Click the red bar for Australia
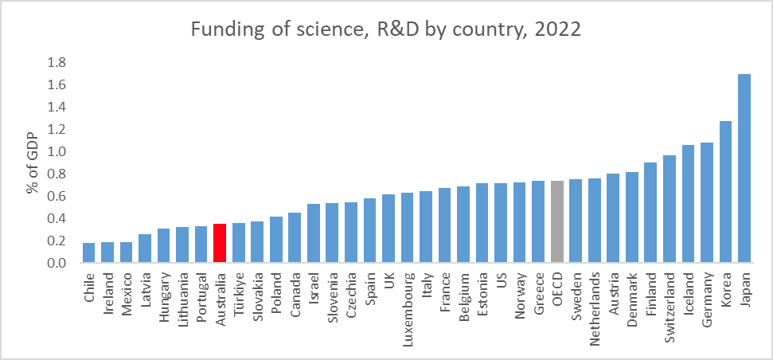point(220,243)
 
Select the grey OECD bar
point(557,222)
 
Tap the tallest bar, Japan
point(744,169)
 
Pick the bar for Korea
point(726,192)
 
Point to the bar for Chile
point(88,253)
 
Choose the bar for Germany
point(707,202)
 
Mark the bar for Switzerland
point(670,209)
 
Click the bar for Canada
point(295,237)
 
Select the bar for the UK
point(388,229)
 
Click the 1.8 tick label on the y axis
point(57,63)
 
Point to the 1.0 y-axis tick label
point(57,152)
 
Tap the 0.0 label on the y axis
point(57,264)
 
